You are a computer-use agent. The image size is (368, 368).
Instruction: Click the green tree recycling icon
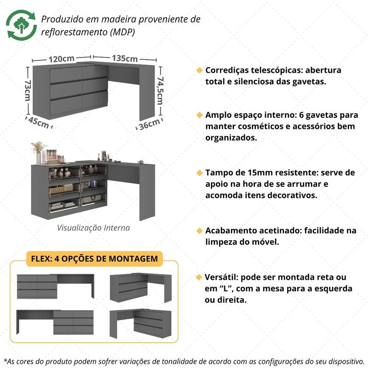click(x=22, y=26)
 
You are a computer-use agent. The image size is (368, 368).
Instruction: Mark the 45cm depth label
click(x=38, y=122)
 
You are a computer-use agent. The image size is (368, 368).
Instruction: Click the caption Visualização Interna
click(x=93, y=228)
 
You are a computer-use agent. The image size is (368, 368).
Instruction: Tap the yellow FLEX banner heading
click(x=93, y=259)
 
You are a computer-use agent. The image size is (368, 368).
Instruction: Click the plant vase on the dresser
click(x=38, y=152)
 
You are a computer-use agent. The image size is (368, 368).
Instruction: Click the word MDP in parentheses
click(x=124, y=33)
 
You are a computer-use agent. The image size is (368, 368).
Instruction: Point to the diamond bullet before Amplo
click(x=199, y=115)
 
